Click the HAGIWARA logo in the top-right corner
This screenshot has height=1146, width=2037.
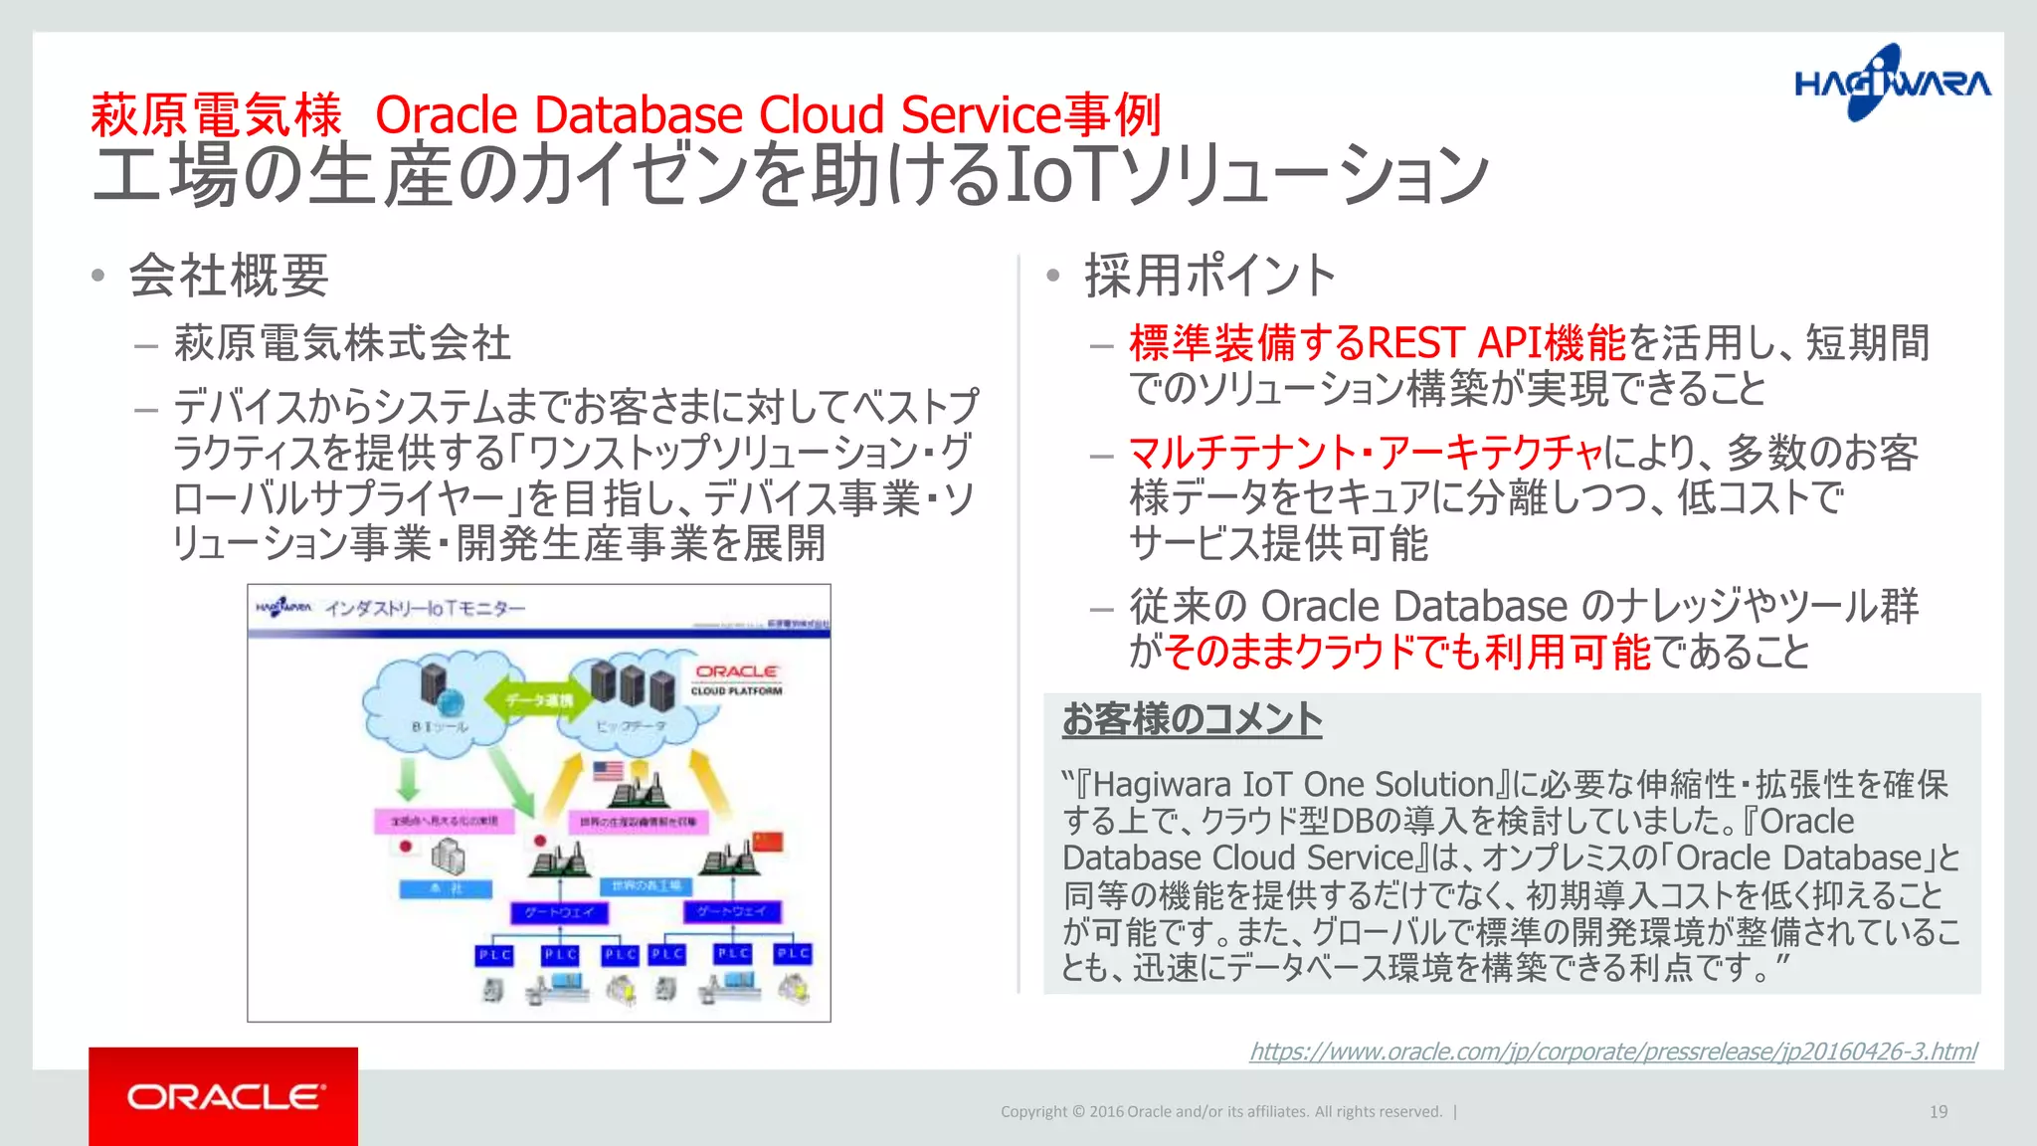pos(1892,84)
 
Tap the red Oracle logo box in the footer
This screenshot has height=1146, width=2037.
pos(224,1096)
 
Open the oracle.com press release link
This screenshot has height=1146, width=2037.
pos(1612,1051)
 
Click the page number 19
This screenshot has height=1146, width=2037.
pos(1938,1112)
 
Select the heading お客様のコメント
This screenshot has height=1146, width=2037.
pos(1192,718)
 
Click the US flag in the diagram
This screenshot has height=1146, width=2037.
pos(608,771)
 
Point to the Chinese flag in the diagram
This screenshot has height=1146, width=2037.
pos(768,842)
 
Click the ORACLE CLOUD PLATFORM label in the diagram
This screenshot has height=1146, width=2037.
pos(736,679)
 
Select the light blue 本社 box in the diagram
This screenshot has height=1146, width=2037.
pos(446,888)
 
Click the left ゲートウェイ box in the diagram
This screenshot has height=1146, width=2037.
pos(559,912)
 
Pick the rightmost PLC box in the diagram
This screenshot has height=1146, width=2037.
pos(794,954)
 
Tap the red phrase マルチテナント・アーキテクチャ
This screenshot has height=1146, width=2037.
pos(1365,453)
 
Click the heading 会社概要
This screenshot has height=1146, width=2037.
pos(229,276)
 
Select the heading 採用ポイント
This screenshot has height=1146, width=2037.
pos(1209,276)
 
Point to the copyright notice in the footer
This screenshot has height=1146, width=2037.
pos(1221,1112)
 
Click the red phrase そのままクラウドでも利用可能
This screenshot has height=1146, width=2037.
pos(1406,653)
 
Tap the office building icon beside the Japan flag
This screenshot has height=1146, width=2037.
pos(449,855)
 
